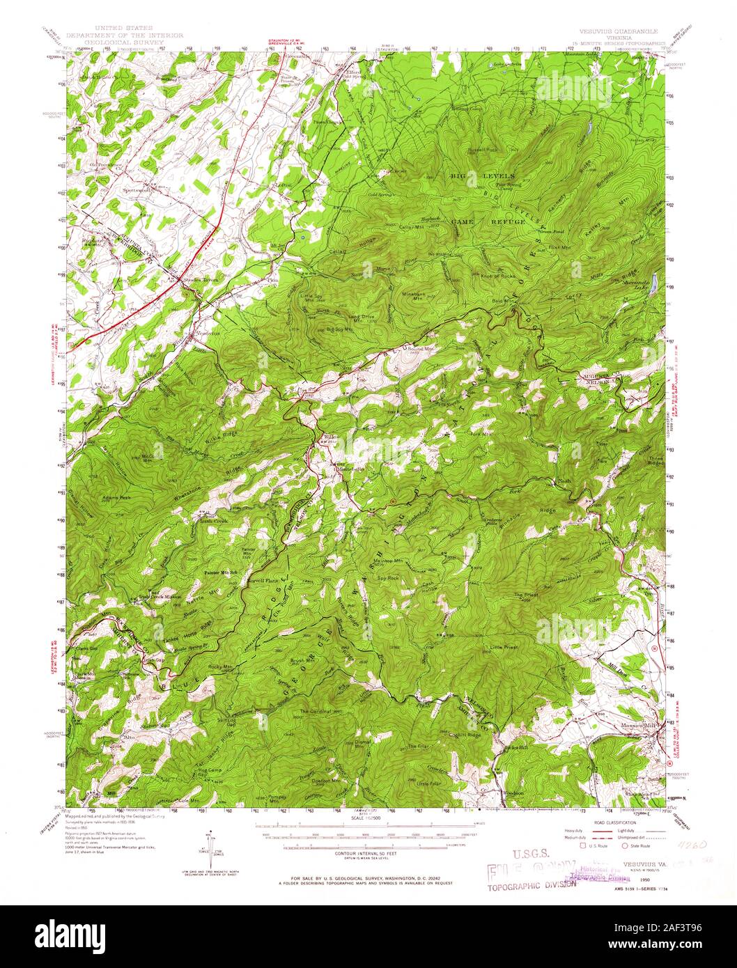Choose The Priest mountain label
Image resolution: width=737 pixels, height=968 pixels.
[527, 595]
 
